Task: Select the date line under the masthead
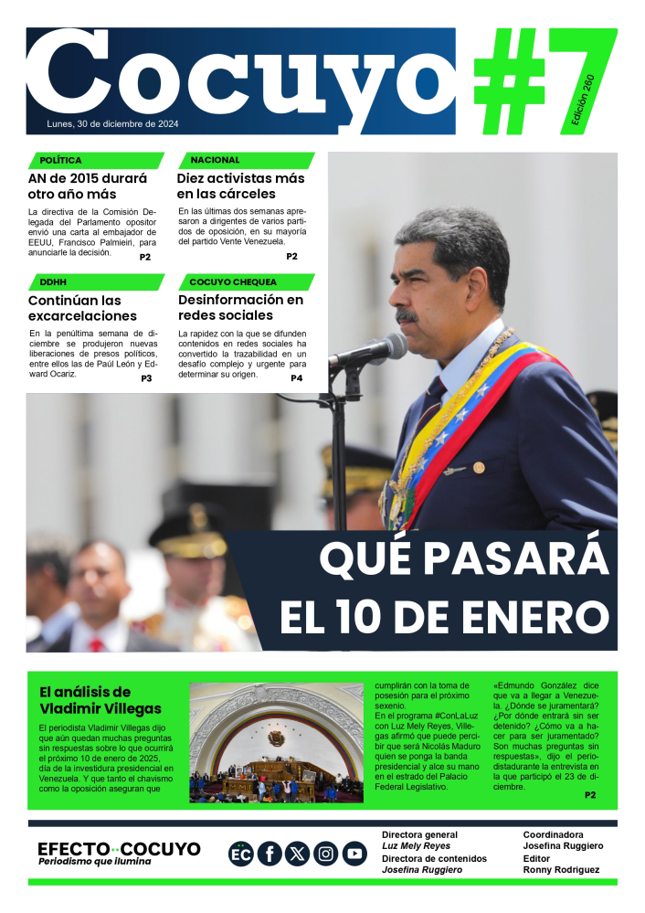[112, 124]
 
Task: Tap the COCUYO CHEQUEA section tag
[232, 281]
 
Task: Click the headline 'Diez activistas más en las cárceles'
[239, 186]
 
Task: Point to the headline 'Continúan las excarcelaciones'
[75, 308]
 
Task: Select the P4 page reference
[296, 378]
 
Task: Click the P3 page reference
[146, 378]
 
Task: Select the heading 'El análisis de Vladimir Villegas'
[100, 700]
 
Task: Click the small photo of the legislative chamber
[276, 743]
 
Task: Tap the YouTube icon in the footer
[354, 854]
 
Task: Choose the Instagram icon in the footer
[326, 854]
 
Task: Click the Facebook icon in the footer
[270, 854]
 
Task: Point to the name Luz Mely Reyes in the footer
[416, 846]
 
